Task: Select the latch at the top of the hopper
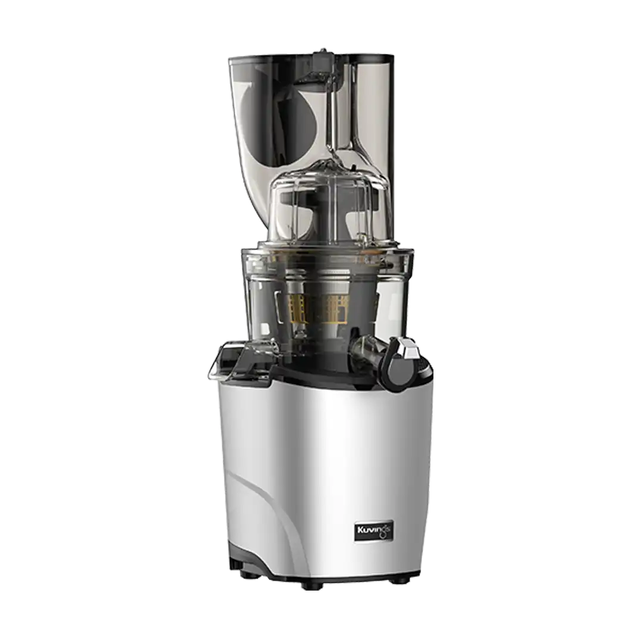[321, 60]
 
